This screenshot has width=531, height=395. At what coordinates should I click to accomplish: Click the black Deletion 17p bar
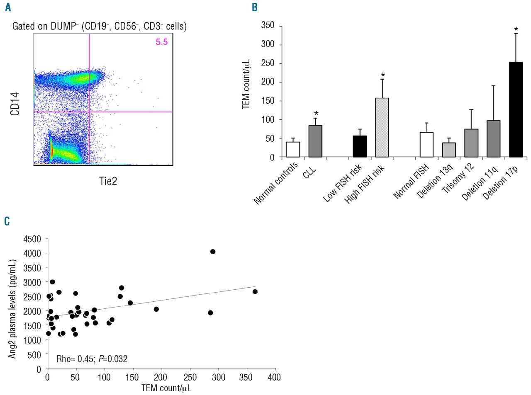pyautogui.click(x=516, y=110)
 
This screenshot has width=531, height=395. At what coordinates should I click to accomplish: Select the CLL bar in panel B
pyautogui.click(x=315, y=141)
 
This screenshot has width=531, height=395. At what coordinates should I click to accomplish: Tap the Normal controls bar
pyautogui.click(x=293, y=150)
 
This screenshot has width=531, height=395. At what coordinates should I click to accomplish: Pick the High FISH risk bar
pyautogui.click(x=382, y=128)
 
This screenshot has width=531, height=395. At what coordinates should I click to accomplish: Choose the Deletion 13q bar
pyautogui.click(x=449, y=150)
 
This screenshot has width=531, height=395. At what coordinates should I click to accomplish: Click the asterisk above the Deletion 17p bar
pyautogui.click(x=516, y=29)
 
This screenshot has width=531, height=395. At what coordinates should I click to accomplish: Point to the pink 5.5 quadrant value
pyautogui.click(x=162, y=42)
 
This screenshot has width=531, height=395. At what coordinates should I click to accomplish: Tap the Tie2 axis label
pyautogui.click(x=108, y=181)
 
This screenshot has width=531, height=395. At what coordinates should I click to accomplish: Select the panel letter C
pyautogui.click(x=7, y=221)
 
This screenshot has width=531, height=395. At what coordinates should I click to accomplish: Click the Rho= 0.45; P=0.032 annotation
pyautogui.click(x=92, y=359)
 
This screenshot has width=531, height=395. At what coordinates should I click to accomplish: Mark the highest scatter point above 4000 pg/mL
pyautogui.click(x=213, y=252)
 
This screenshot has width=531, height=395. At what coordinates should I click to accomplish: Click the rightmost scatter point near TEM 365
pyautogui.click(x=255, y=292)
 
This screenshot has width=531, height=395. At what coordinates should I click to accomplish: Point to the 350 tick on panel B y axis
pyautogui.click(x=268, y=26)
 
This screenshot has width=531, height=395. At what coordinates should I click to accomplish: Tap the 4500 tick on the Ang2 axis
pyautogui.click(x=32, y=239)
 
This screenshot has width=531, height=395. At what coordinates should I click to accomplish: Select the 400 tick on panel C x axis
pyautogui.click(x=274, y=377)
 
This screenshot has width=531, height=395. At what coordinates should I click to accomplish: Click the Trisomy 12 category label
pyautogui.click(x=458, y=179)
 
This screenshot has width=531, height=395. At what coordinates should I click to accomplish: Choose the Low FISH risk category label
pyautogui.click(x=343, y=183)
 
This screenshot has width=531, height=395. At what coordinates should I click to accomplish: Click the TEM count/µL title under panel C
pyautogui.click(x=166, y=388)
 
